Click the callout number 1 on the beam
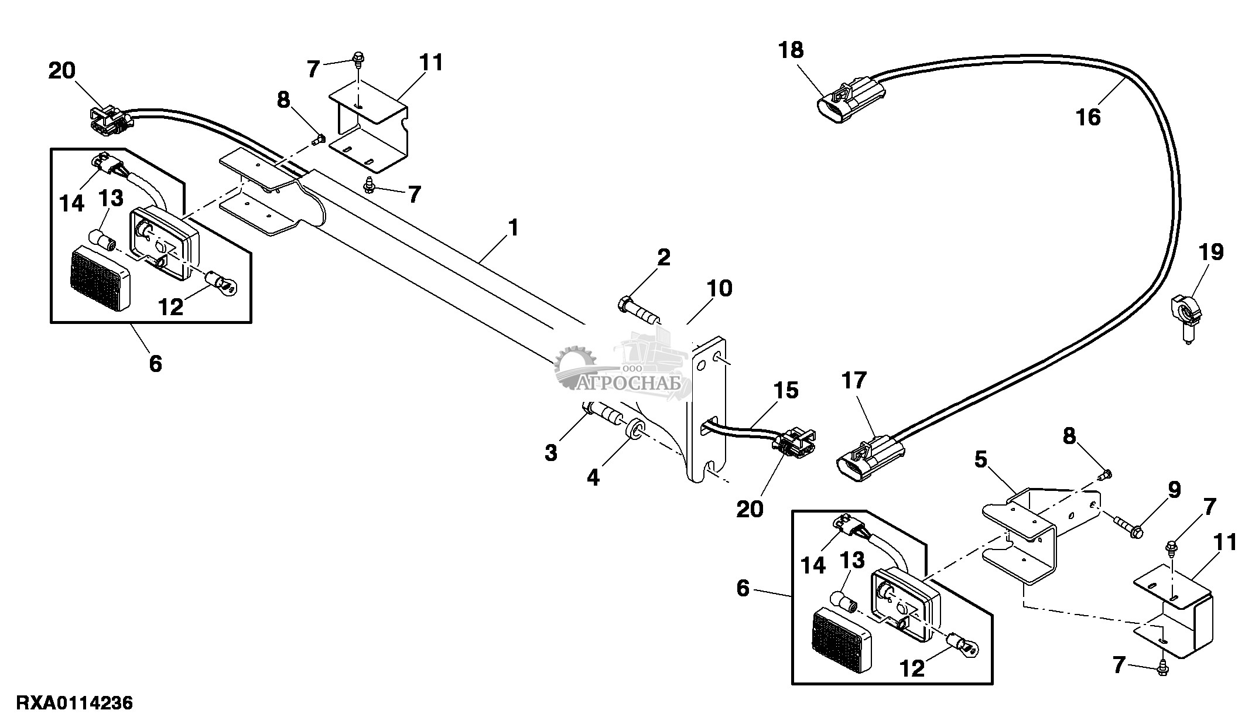point(513,227)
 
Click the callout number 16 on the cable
point(1088,118)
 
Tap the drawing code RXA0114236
point(74,702)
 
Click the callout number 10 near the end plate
point(720,289)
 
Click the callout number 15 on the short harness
point(785,390)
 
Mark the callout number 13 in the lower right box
point(853,561)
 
